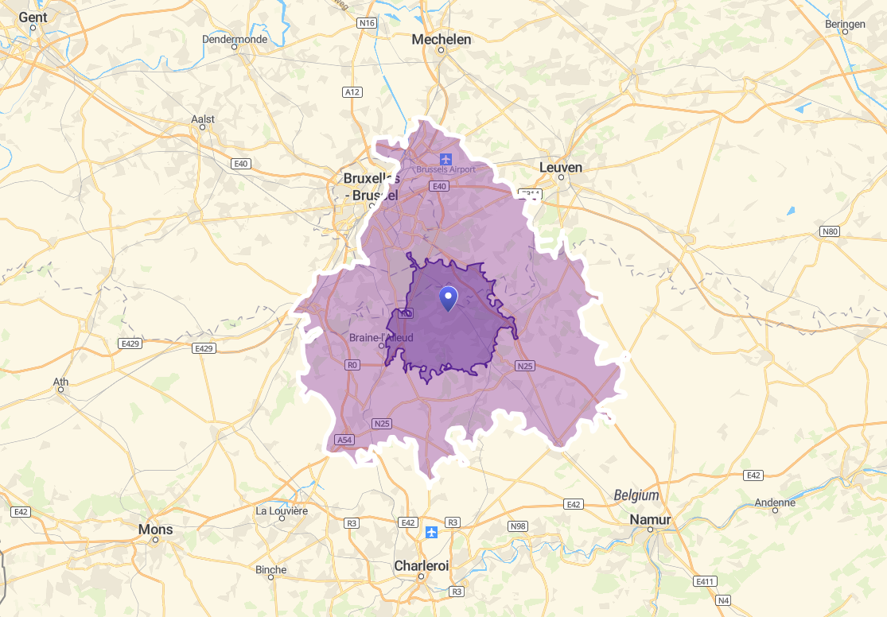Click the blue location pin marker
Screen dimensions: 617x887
click(x=449, y=298)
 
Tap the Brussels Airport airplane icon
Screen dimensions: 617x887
click(x=445, y=158)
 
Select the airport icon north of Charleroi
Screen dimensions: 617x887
click(x=431, y=531)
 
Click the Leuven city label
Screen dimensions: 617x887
click(x=561, y=168)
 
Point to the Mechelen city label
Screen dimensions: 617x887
click(x=442, y=40)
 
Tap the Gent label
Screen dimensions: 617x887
click(x=33, y=17)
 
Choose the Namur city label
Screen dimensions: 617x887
click(x=650, y=519)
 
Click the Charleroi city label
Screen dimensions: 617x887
click(x=422, y=566)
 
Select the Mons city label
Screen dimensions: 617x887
click(x=155, y=529)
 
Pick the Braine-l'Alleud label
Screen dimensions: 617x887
click(x=381, y=338)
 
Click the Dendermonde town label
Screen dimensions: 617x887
click(x=235, y=38)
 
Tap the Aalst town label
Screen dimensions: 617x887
click(x=203, y=119)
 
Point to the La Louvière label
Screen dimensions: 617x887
click(x=282, y=510)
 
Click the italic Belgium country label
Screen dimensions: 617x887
click(x=636, y=495)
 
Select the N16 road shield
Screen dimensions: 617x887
click(x=366, y=23)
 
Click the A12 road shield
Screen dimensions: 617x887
click(x=352, y=92)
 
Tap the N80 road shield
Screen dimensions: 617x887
click(x=829, y=231)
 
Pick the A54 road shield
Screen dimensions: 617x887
click(x=344, y=440)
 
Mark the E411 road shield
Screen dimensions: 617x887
click(x=704, y=581)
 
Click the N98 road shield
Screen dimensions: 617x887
click(x=518, y=526)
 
